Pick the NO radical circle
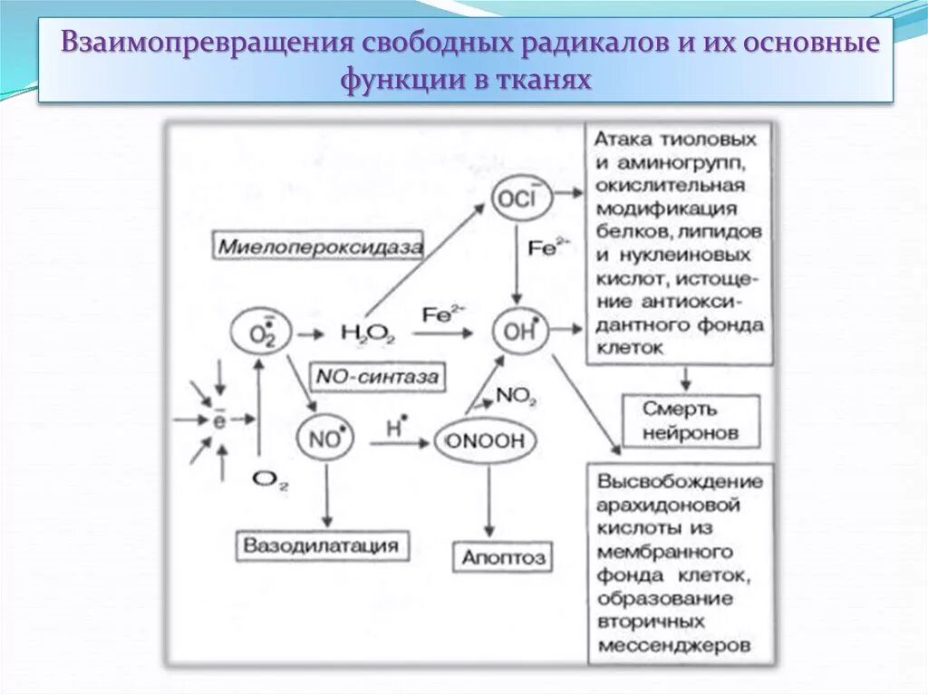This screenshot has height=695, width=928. pos(323,439)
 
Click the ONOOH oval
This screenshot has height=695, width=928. pos(486,440)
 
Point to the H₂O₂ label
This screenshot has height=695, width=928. pos(366,333)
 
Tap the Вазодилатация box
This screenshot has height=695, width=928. pos(321,545)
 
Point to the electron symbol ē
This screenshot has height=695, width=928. pos(218,420)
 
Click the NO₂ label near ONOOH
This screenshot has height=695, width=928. pos(518,396)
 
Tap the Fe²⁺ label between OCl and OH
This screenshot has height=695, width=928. pos(545,247)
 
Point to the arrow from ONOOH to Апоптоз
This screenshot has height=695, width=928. pos(489,498)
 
